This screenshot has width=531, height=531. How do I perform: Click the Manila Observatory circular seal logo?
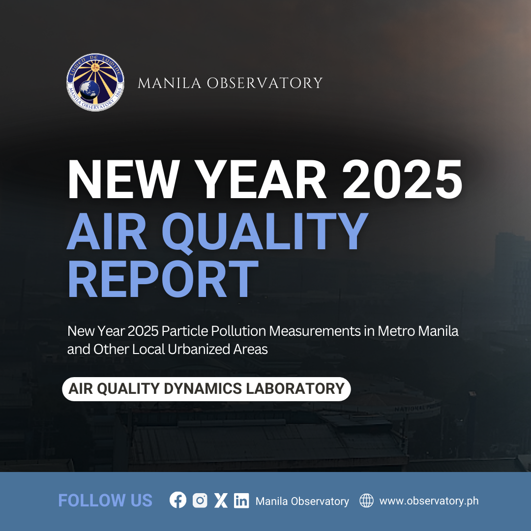pyautogui.click(x=95, y=82)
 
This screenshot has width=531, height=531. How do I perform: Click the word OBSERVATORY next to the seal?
pyautogui.click(x=265, y=83)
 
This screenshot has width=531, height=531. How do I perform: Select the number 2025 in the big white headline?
pyautogui.click(x=402, y=179)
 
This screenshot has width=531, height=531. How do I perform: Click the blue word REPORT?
pyautogui.click(x=163, y=279)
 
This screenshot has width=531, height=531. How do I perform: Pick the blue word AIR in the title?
pyautogui.click(x=107, y=231)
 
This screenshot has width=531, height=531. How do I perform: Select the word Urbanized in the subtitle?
pyautogui.click(x=199, y=349)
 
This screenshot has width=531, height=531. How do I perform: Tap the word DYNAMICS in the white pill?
pyautogui.click(x=203, y=388)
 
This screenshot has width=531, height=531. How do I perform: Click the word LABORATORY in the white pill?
pyautogui.click(x=295, y=388)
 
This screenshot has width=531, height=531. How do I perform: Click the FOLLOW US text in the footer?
pyautogui.click(x=105, y=501)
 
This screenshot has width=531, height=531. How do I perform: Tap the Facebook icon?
pyautogui.click(x=178, y=500)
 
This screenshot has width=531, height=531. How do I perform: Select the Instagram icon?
pyautogui.click(x=200, y=500)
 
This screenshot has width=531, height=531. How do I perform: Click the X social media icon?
pyautogui.click(x=221, y=500)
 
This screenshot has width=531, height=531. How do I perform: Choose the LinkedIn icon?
pyautogui.click(x=241, y=501)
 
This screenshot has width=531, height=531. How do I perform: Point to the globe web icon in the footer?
pyautogui.click(x=366, y=501)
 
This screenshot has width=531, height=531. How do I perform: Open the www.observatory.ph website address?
pyautogui.click(x=429, y=501)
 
